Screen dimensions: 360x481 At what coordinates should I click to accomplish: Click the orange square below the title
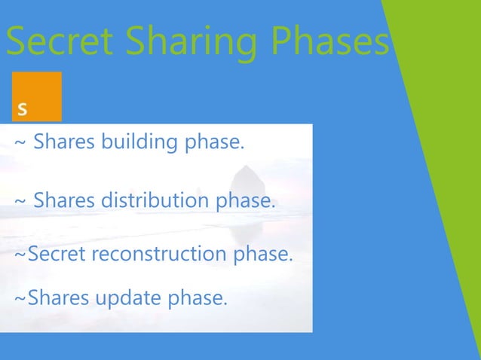(37, 96)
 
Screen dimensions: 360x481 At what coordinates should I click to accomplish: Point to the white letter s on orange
(23, 109)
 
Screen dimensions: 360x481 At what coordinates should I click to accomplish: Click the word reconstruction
(158, 255)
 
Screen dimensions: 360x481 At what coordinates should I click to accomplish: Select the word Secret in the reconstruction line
(57, 255)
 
